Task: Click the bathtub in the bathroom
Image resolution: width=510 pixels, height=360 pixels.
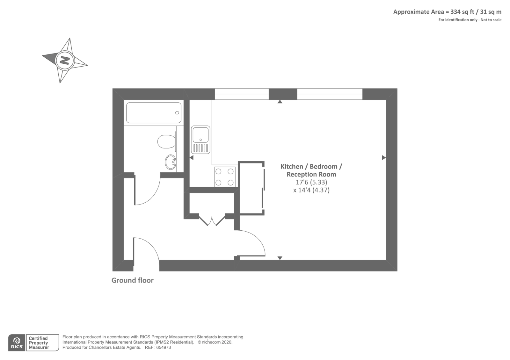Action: [154, 112]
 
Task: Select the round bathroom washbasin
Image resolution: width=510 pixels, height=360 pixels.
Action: [171, 162]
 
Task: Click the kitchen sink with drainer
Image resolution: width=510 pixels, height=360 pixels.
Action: [200, 140]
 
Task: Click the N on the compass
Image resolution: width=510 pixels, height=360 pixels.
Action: [65, 60]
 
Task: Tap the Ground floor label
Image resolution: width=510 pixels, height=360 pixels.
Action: [132, 280]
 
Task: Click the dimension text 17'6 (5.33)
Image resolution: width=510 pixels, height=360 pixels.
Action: [311, 182]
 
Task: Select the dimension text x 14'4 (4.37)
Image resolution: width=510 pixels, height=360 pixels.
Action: [311, 190]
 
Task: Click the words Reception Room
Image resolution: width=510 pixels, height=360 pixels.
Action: [311, 174]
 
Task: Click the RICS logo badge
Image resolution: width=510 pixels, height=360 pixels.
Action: [17, 343]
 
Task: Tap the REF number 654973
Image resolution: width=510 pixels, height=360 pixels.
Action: [164, 348]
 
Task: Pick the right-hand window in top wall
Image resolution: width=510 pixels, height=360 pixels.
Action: [330, 94]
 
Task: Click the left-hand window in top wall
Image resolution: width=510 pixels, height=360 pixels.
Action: [242, 94]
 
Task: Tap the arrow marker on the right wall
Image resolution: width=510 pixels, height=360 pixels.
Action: [383, 158]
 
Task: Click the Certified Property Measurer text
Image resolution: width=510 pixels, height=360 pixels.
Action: [39, 343]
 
